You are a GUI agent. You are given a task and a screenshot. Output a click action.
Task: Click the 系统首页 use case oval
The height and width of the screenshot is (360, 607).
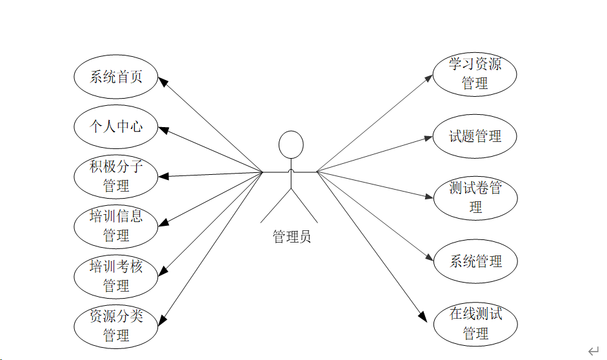tap(116, 77)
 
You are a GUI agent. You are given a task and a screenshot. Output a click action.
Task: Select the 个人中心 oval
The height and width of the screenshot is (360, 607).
tap(116, 126)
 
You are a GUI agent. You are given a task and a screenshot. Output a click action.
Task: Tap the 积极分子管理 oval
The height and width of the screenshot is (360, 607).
tap(116, 177)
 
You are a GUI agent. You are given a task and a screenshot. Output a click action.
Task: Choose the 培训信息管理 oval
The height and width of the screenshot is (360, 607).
tap(116, 226)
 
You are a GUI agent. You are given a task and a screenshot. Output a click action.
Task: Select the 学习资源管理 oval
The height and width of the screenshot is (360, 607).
tap(475, 74)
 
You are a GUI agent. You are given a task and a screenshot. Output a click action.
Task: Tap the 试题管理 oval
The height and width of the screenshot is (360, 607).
tap(475, 136)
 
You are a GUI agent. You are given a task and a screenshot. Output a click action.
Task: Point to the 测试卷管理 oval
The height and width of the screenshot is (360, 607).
tap(475, 198)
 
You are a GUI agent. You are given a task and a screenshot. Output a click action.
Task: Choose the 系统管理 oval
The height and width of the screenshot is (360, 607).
tap(475, 261)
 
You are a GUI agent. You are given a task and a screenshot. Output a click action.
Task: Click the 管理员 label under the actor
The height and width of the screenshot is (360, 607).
tap(292, 237)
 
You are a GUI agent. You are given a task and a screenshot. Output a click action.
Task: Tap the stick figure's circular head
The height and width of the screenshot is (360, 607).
tap(291, 145)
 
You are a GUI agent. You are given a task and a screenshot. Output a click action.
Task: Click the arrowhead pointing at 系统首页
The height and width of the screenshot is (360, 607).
tap(164, 82)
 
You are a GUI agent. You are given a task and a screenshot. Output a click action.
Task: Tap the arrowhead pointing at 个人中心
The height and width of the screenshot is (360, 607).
tap(164, 130)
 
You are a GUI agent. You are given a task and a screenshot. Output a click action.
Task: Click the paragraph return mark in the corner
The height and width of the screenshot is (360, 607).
tap(593, 350)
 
